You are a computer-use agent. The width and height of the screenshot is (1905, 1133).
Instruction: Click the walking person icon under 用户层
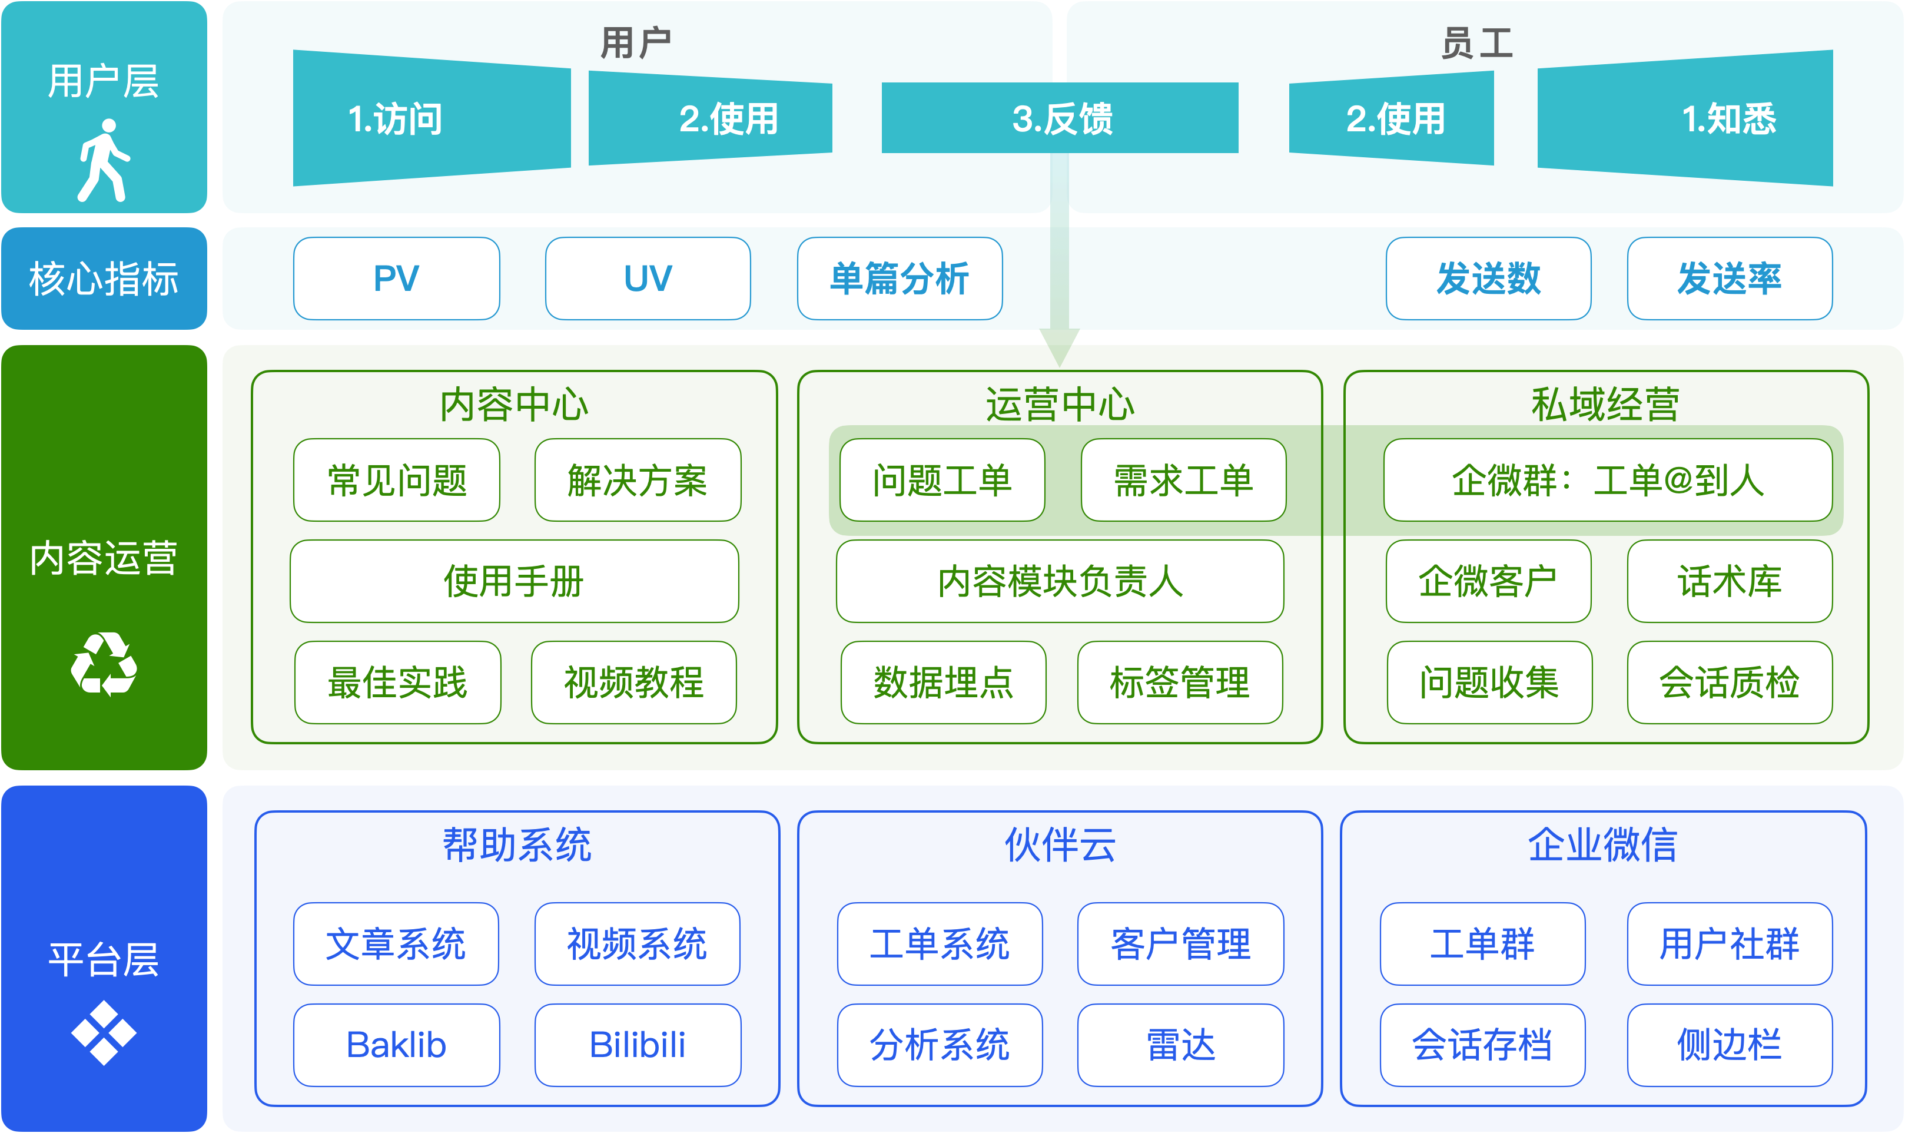104,160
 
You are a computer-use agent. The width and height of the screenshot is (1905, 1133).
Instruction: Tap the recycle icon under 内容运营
104,664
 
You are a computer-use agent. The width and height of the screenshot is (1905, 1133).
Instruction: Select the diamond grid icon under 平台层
104,1033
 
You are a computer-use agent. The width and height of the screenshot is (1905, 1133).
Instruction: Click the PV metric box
397,279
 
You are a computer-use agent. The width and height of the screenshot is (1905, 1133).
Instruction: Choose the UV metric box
648,279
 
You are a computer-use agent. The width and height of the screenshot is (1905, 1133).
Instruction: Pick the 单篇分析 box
900,279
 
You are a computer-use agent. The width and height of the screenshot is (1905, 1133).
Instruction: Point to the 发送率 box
1730,279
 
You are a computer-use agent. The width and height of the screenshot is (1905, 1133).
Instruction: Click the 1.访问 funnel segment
432,118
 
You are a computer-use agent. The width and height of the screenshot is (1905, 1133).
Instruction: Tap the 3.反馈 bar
1060,118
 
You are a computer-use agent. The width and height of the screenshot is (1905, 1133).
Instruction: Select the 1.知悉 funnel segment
1685,118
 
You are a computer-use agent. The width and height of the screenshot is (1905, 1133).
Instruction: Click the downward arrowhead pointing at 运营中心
1060,348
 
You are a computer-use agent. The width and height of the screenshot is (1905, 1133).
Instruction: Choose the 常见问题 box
397,480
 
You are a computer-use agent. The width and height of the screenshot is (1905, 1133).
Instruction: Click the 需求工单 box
1184,480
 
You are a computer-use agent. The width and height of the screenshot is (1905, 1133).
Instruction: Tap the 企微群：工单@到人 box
1608,480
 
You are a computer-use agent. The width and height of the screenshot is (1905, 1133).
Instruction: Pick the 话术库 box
1730,581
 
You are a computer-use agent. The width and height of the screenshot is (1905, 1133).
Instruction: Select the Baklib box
397,1045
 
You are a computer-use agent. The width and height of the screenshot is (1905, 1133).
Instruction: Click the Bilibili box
638,1045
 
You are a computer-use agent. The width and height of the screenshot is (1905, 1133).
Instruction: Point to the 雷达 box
1181,1045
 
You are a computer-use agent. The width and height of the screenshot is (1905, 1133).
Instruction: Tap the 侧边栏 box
1730,1045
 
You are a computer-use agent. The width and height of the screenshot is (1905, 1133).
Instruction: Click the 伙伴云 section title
1060,845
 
